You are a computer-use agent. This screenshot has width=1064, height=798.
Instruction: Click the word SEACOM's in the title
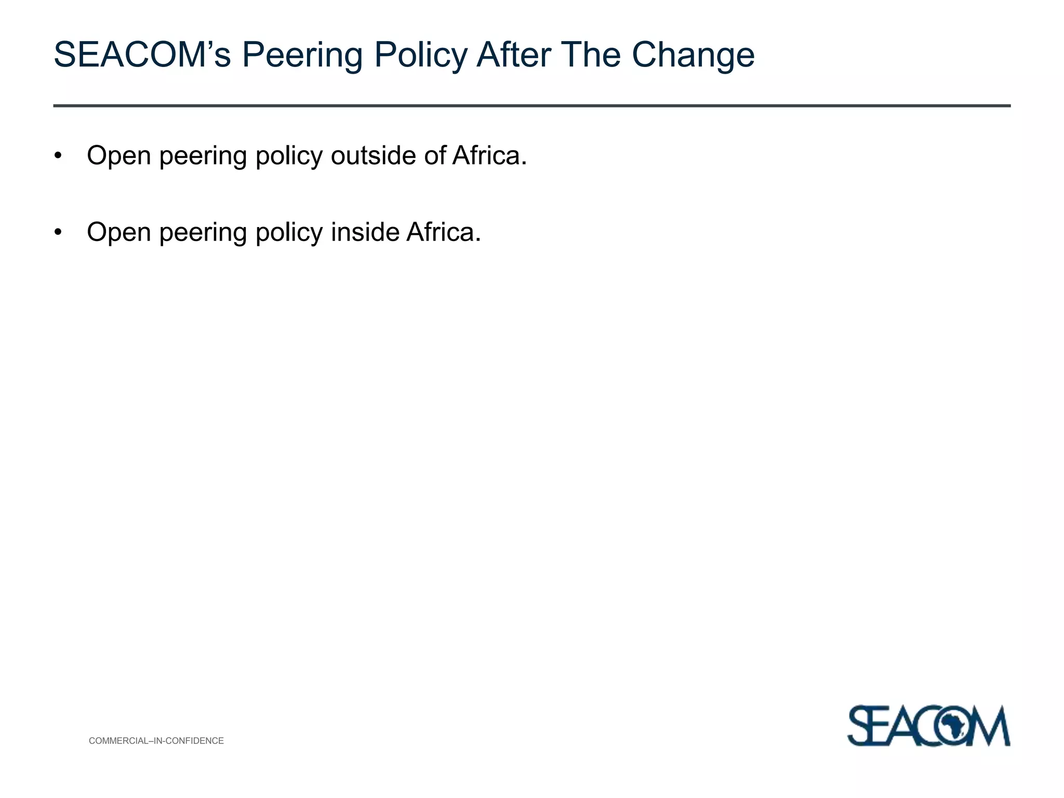click(142, 55)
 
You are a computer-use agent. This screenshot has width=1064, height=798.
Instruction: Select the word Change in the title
click(693, 55)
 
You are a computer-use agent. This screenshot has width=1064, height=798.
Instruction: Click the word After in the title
click(514, 55)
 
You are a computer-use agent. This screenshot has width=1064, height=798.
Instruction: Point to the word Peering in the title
click(302, 55)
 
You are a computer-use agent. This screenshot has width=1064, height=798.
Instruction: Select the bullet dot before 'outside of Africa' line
click(58, 156)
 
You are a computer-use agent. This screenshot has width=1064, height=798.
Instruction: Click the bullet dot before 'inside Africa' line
click(58, 232)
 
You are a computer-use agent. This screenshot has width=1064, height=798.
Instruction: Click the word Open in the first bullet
click(119, 155)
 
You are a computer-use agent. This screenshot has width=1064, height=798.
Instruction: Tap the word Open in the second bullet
click(119, 232)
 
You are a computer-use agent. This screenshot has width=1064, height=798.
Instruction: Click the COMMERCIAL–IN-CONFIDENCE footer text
click(156, 741)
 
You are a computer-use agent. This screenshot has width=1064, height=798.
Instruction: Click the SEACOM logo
click(928, 725)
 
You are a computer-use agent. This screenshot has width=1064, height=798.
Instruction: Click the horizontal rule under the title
click(531, 106)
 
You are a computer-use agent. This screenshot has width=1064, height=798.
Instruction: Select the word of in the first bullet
click(435, 155)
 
